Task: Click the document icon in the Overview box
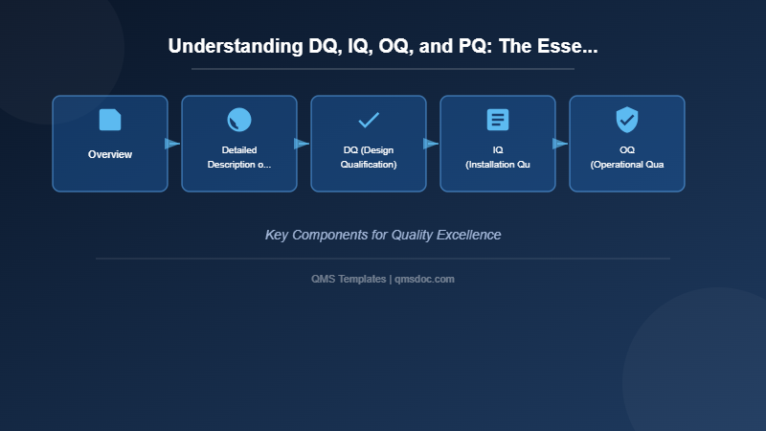(x=110, y=120)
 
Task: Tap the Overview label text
(x=110, y=154)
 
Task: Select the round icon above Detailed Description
(x=239, y=120)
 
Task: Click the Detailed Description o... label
(x=239, y=157)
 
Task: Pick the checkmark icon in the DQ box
(x=369, y=120)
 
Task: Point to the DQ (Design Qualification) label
(x=369, y=157)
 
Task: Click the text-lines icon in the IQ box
(x=498, y=120)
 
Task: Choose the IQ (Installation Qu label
(x=498, y=157)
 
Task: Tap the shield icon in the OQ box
(x=627, y=120)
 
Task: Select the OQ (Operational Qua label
(x=627, y=157)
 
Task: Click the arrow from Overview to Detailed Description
(x=172, y=144)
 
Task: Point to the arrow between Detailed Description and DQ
(x=302, y=144)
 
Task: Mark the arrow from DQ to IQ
(x=431, y=144)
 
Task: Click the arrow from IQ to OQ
(x=560, y=144)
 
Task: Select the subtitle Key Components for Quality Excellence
(x=383, y=235)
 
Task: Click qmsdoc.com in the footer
(x=425, y=279)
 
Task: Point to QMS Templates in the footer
(x=349, y=279)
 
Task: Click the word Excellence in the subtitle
(x=468, y=235)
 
